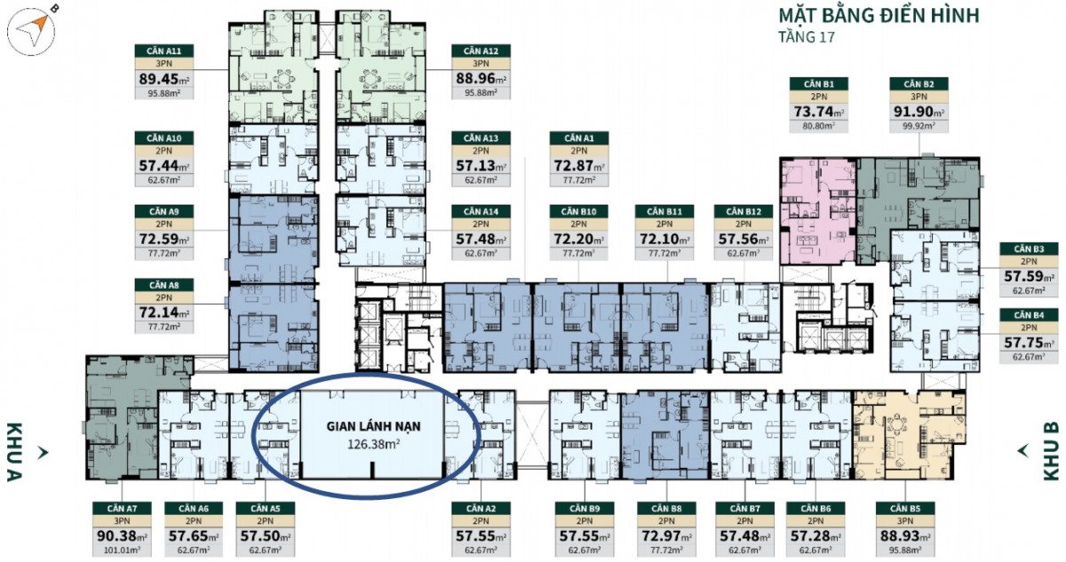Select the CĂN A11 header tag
click(x=163, y=51)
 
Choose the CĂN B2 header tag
click(x=919, y=84)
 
